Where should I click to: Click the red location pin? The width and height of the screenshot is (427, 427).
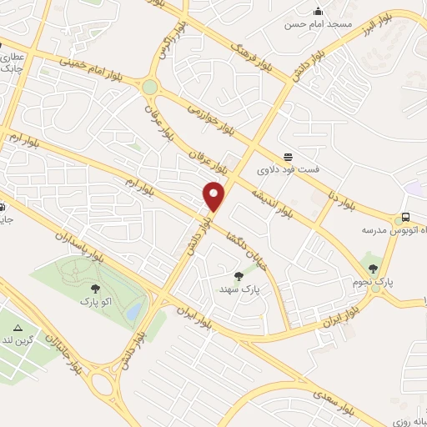[x=216, y=196]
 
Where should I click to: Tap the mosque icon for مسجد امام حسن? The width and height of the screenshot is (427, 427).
[x=318, y=12]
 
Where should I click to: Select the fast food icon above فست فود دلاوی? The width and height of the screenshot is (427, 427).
[x=289, y=157]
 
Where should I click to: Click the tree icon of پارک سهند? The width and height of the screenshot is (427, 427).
[x=239, y=276]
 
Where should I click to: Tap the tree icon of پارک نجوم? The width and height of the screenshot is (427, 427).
[x=373, y=269]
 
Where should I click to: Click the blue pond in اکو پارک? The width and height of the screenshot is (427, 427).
[x=133, y=311]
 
